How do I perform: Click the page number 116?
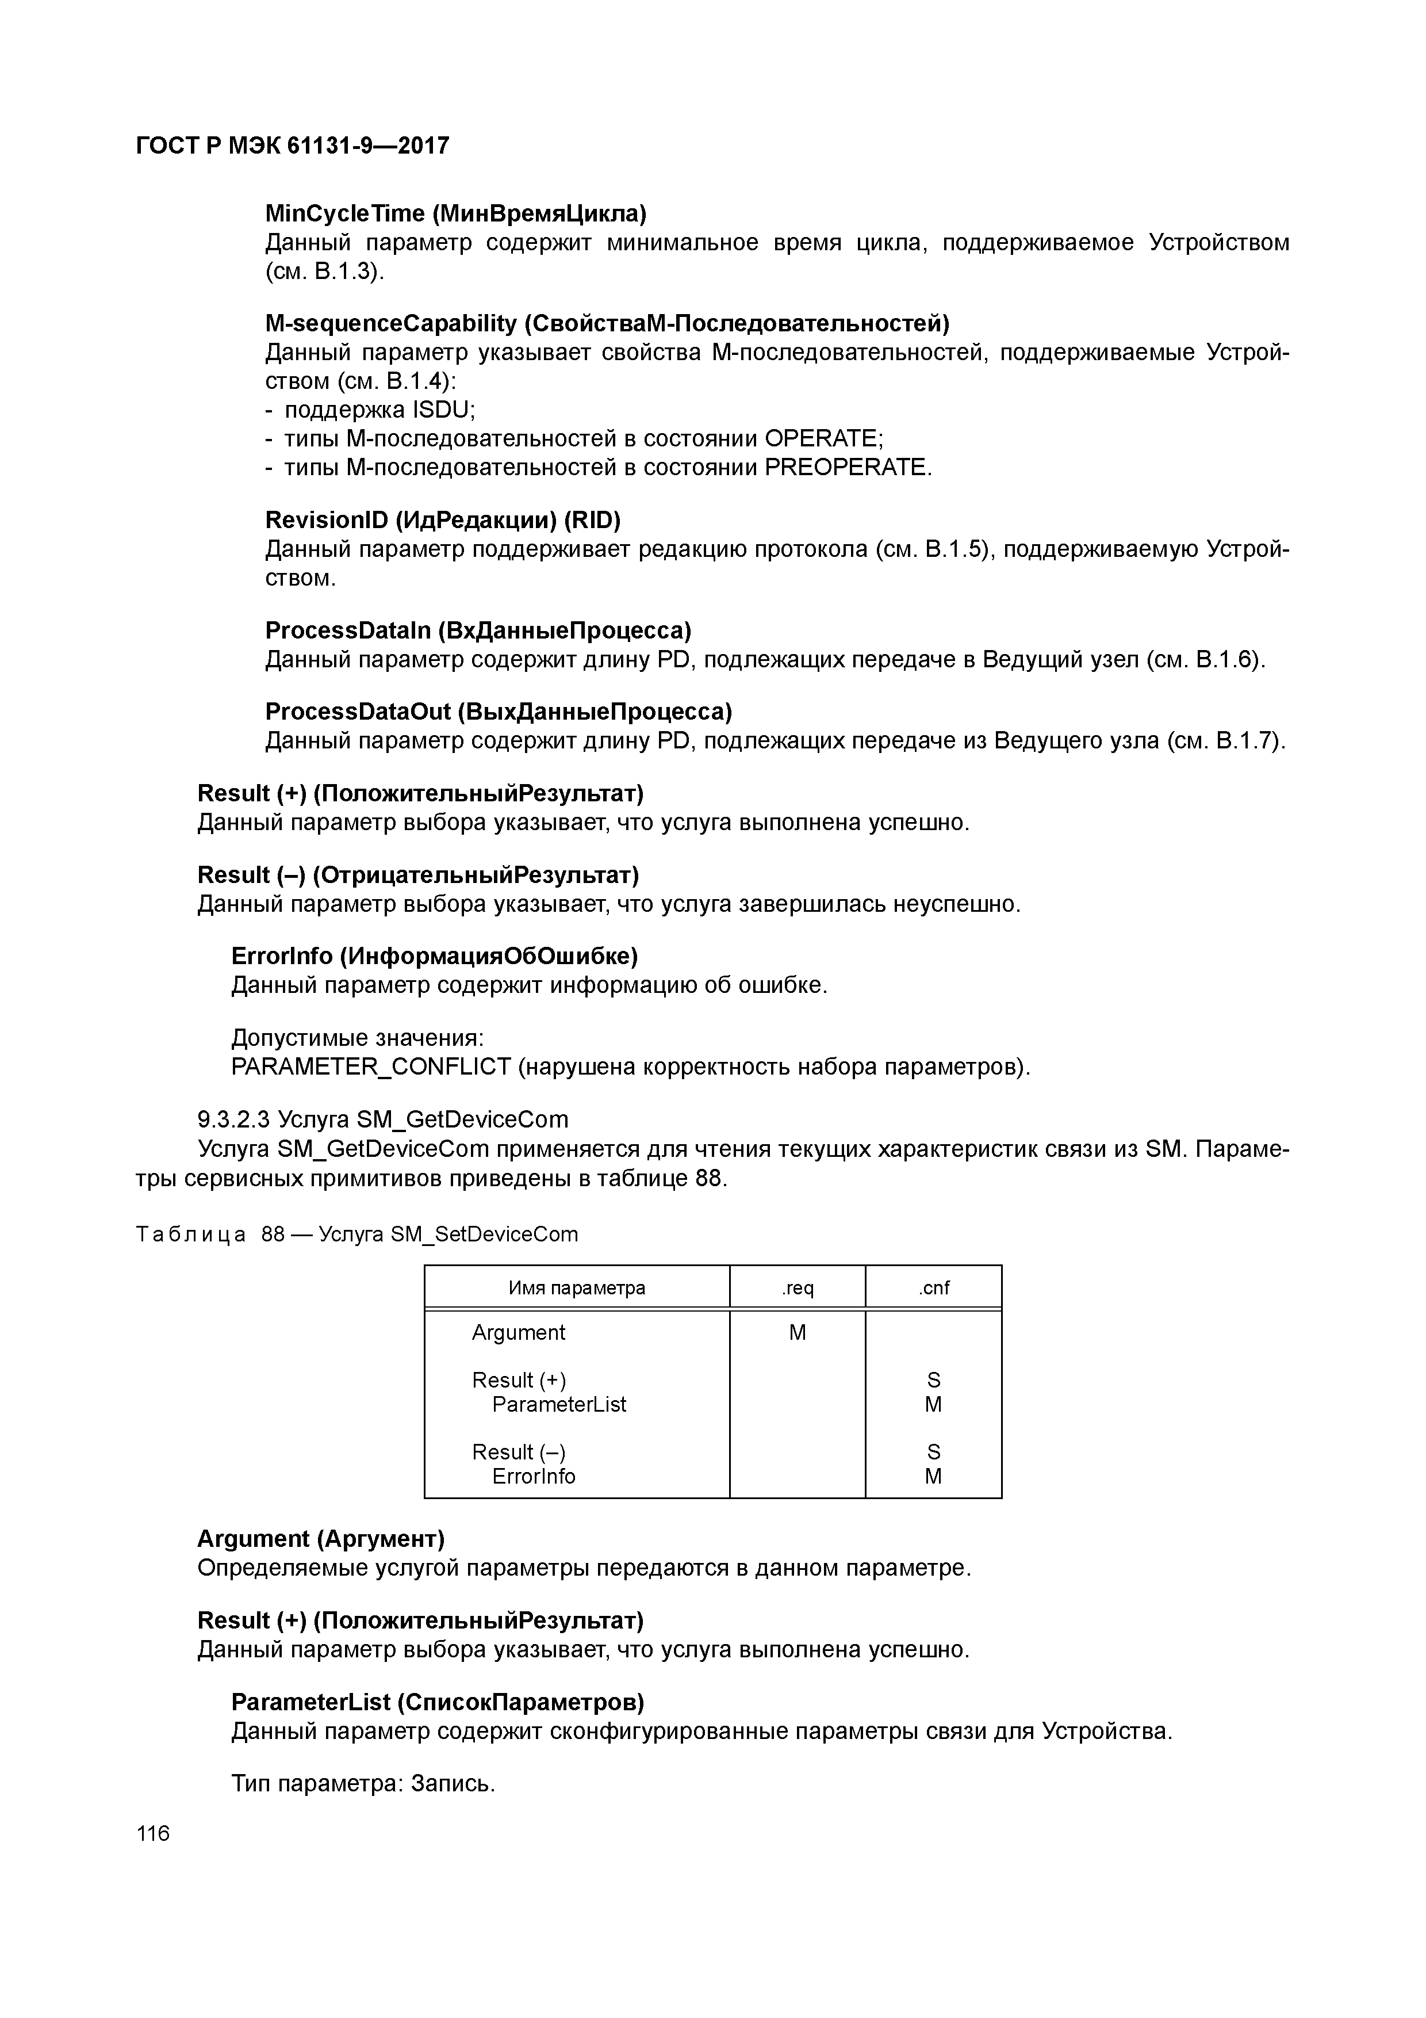coord(153,1833)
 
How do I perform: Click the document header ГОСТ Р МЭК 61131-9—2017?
coord(293,146)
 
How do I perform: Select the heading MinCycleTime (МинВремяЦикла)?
coord(455,213)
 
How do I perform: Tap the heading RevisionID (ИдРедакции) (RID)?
coord(443,521)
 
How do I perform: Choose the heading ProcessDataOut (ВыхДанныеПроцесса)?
coord(498,710)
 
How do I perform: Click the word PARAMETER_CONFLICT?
coord(371,1067)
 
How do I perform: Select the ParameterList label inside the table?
coord(559,1405)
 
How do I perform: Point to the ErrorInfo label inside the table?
coord(534,1477)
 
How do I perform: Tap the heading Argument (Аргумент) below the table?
coord(321,1539)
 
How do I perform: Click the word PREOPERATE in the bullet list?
coord(845,468)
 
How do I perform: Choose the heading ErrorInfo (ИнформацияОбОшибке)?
coord(434,956)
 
